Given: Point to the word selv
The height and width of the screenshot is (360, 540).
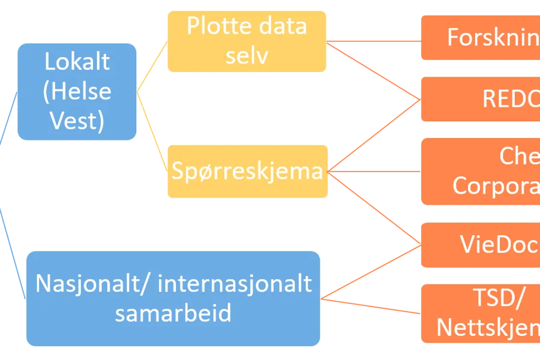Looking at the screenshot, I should [247, 55].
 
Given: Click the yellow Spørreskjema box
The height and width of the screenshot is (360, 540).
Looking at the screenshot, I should [247, 172].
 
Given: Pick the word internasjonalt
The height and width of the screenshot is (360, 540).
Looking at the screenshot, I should [235, 283].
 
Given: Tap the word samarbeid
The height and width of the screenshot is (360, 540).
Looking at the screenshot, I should [173, 313].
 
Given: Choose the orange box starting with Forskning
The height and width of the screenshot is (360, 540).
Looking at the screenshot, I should [480, 37].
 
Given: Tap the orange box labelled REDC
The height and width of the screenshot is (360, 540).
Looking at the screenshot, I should [480, 99].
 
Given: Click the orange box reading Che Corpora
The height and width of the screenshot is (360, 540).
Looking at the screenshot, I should [480, 171].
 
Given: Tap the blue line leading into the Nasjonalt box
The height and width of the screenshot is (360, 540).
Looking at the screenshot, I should [12, 252].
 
